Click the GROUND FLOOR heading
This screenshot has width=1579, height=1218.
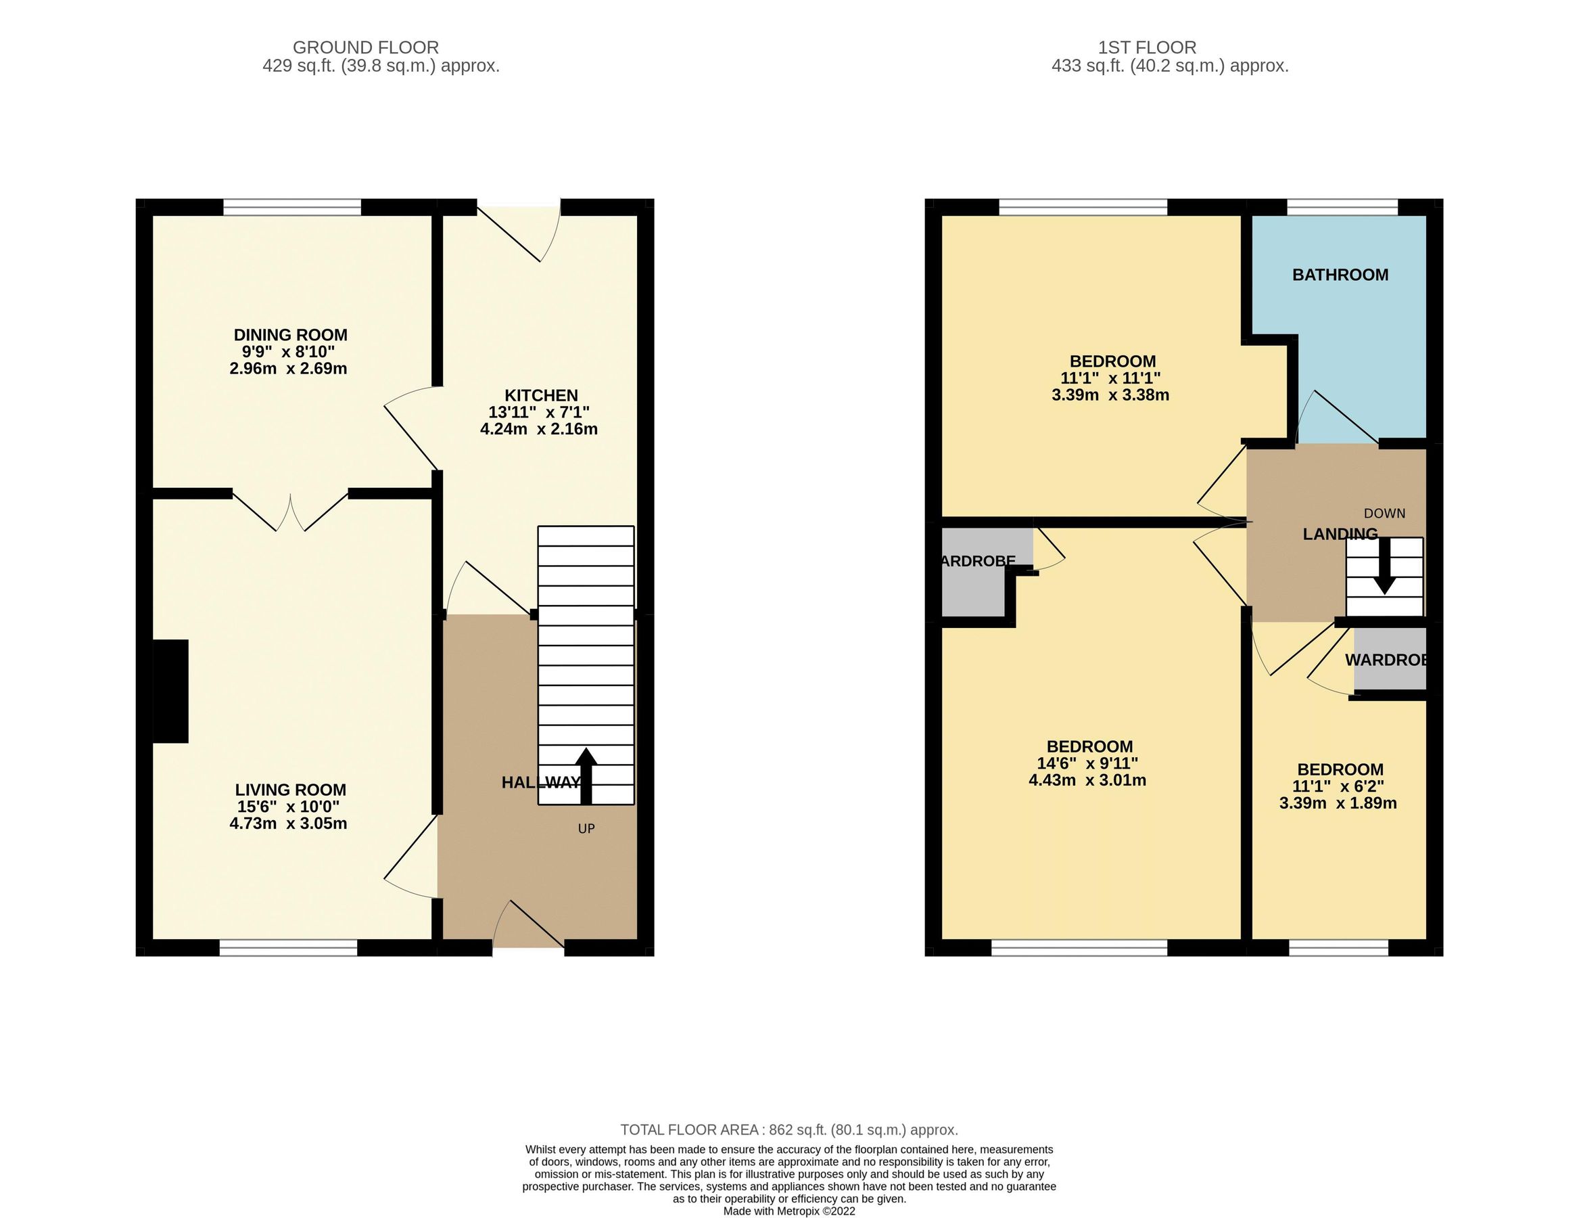tap(365, 48)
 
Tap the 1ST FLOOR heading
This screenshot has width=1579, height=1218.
tap(1147, 48)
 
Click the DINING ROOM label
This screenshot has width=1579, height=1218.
tap(290, 335)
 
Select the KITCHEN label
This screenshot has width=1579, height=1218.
tap(541, 396)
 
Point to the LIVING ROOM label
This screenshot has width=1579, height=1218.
tap(290, 790)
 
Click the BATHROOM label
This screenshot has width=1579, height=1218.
tap(1340, 275)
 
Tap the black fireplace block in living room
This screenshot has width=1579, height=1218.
tap(170, 691)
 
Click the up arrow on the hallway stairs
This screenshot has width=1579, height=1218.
tap(586, 775)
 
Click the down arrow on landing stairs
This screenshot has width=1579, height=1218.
tap(1384, 566)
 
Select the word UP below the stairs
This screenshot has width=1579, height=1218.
tap(586, 829)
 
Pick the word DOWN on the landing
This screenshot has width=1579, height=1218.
tap(1384, 514)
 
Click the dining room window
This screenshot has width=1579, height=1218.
tap(291, 208)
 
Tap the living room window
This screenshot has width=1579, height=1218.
tap(288, 947)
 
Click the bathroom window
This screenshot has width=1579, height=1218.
tap(1341, 208)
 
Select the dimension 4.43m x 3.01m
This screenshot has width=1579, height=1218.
tap(1087, 780)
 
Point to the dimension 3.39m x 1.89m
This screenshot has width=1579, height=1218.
tap(1338, 804)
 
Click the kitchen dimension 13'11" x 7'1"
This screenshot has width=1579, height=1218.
tap(539, 412)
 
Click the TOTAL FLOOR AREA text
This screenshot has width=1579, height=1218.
tap(788, 1130)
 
